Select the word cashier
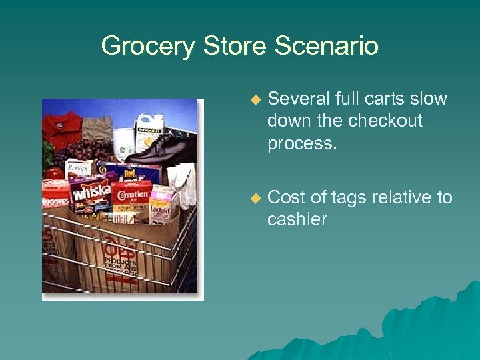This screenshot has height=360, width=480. pos(297,219)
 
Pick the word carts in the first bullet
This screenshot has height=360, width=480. pos(387,99)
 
